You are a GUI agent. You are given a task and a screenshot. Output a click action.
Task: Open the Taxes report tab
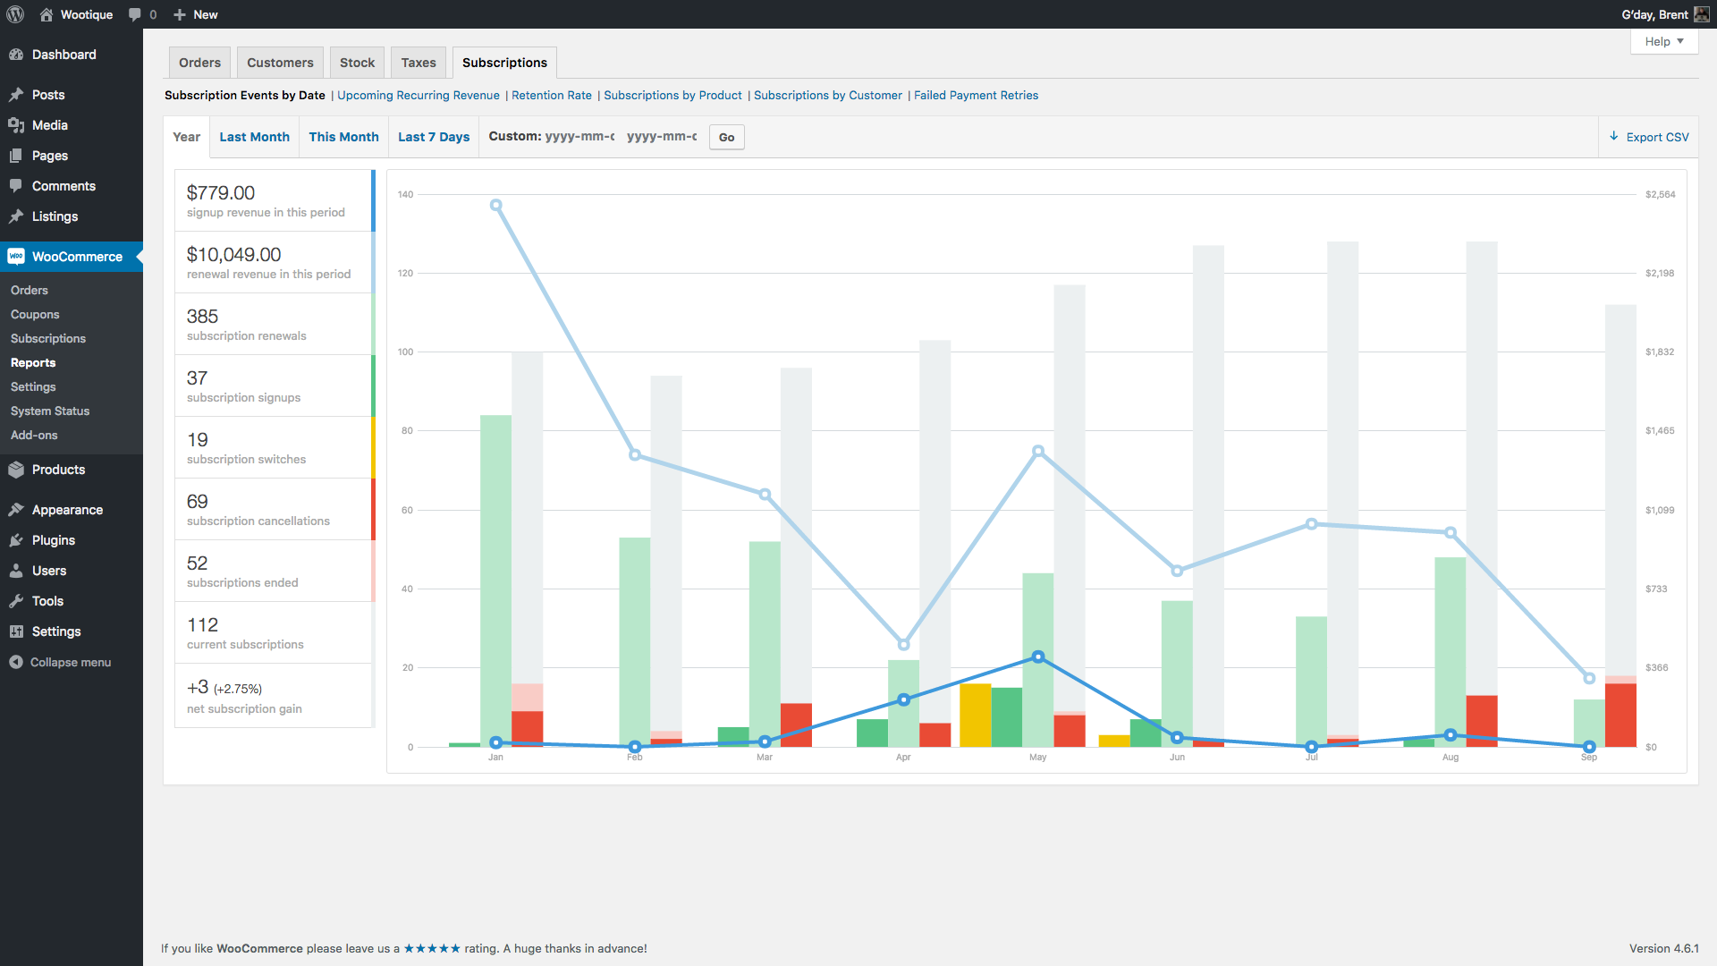[418, 63]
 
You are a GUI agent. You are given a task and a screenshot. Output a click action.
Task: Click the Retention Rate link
[551, 95]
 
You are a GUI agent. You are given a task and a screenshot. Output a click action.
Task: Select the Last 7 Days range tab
[433, 137]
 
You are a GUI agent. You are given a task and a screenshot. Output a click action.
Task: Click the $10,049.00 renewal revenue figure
[233, 255]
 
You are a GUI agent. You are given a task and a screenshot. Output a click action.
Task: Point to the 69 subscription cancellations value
[197, 502]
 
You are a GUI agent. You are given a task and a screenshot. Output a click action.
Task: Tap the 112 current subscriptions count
[202, 625]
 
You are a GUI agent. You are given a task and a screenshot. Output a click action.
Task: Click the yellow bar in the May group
[975, 716]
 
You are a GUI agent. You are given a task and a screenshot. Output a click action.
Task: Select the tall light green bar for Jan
[495, 581]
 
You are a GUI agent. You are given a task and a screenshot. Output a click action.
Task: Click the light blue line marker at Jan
[495, 205]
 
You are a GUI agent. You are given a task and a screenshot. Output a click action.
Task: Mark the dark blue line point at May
[1037, 657]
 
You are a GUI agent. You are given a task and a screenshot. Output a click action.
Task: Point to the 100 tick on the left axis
[406, 352]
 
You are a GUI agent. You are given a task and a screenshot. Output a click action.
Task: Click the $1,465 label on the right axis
[1660, 430]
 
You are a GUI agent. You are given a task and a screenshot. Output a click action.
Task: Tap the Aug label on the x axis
[1450, 757]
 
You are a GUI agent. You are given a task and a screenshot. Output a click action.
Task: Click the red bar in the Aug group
[1481, 720]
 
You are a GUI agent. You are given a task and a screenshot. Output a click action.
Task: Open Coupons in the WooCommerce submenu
[35, 314]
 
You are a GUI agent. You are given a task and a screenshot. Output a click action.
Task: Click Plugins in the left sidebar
[53, 540]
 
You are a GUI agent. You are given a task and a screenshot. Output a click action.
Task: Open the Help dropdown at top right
[1663, 41]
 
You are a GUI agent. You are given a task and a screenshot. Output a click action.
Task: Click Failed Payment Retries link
[976, 95]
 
